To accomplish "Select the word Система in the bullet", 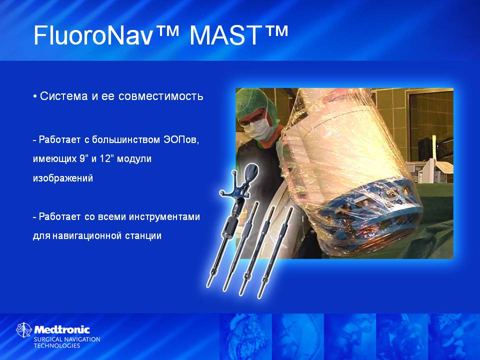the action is click(64, 96).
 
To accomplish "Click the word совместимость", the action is click(160, 96).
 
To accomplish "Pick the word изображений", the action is click(63, 178).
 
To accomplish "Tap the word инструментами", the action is click(164, 216).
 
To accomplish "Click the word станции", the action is click(143, 236).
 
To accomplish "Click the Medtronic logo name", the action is click(62, 329).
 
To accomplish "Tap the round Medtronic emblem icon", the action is click(24, 330).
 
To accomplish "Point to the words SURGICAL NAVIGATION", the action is click(67, 339).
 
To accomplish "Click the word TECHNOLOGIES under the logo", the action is click(57, 346).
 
